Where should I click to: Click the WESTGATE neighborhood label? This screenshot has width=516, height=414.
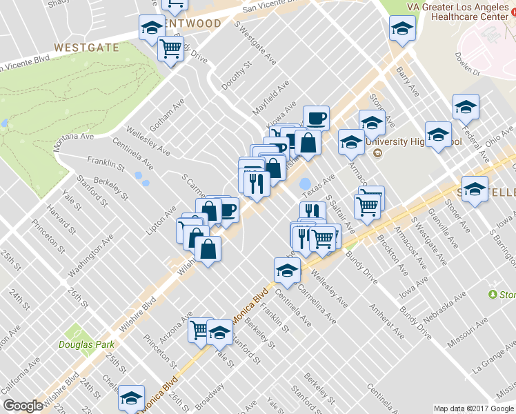(86, 48)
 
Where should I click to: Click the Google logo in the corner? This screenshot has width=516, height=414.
(23, 406)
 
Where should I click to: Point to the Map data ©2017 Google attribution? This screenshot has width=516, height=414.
(473, 408)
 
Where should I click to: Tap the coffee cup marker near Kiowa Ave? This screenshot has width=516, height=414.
(316, 118)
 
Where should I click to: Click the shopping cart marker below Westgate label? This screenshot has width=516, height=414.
(170, 49)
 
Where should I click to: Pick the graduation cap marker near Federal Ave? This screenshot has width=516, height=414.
(466, 106)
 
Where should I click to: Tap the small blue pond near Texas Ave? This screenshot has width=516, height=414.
(304, 185)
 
